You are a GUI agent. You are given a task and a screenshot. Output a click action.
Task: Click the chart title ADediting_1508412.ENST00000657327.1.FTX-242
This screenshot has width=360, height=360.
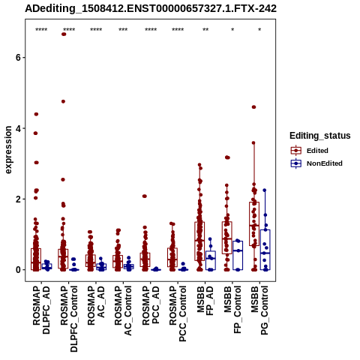151,8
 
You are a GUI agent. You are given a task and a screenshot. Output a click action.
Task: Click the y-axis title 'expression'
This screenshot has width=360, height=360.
8,150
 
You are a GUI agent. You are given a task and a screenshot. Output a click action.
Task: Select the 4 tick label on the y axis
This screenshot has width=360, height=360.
17,128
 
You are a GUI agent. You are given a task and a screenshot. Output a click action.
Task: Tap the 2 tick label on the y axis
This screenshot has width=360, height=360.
17,199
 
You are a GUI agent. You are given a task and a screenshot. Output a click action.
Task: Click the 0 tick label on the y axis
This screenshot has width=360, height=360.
17,270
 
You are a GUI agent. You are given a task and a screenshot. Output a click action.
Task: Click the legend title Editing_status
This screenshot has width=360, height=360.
320,136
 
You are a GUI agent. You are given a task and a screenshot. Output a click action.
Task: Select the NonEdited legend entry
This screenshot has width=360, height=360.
316,163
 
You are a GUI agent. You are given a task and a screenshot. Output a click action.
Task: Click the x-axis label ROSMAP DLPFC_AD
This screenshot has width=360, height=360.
41,310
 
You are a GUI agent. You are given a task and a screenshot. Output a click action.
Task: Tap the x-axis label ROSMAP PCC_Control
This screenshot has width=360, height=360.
178,313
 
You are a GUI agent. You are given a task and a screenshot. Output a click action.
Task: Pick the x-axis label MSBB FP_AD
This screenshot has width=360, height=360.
205,301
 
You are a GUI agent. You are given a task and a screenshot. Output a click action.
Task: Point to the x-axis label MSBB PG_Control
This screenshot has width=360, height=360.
259,310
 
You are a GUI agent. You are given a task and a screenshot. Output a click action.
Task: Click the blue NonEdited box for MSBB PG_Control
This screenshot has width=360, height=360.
265,250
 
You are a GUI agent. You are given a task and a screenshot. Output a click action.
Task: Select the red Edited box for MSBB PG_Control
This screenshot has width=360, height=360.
254,223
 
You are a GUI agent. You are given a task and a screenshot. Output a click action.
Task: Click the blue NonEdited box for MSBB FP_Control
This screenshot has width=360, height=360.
238,256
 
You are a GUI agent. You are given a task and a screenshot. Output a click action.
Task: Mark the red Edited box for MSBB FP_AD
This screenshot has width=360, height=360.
199,241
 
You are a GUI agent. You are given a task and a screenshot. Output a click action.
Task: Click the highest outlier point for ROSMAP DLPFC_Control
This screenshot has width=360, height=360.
64,34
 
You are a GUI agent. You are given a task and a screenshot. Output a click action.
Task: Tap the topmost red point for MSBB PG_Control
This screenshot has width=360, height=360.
253,107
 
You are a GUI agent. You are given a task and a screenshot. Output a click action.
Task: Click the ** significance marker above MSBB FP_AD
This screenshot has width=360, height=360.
205,30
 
